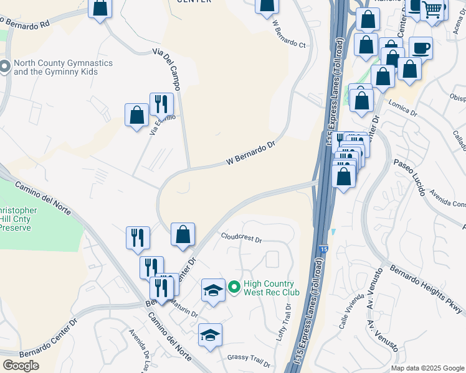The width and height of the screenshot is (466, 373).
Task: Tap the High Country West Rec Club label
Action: tap(271, 287)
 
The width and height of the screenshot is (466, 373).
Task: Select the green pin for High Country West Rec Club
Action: tap(234, 287)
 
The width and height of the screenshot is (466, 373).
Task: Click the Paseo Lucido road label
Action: tap(409, 177)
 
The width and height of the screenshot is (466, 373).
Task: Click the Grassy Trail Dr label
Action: tap(248, 359)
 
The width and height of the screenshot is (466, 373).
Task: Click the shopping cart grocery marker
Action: tap(432, 9)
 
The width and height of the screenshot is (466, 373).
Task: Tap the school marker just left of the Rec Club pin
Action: tap(213, 290)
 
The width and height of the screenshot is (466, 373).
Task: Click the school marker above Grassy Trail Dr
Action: tap(210, 335)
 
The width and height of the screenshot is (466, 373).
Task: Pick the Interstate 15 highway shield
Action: tap(321, 249)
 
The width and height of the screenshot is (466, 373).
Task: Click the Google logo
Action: tap(21, 366)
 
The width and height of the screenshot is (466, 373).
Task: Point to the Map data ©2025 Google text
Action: tap(427, 368)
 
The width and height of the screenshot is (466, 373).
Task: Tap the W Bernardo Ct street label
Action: tap(290, 36)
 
